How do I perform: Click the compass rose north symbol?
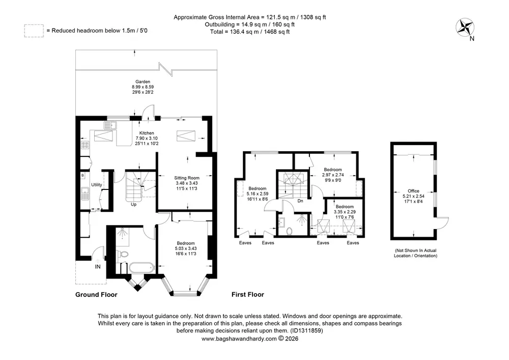(x=465, y=28)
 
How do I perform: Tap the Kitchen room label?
(x=147, y=133)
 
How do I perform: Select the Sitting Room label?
(x=187, y=178)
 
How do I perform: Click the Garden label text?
(x=143, y=82)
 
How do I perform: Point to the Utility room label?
(x=96, y=185)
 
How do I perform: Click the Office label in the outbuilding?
(x=413, y=191)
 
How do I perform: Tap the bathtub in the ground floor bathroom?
(x=141, y=268)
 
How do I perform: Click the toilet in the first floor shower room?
(x=290, y=231)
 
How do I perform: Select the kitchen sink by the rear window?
(x=110, y=125)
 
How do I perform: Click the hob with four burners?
(x=85, y=145)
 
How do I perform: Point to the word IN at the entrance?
(x=98, y=266)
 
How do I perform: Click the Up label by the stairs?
(x=133, y=205)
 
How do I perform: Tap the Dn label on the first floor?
(x=300, y=201)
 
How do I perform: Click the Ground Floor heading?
(x=96, y=294)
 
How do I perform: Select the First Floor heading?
(x=248, y=294)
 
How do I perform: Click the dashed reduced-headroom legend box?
(x=34, y=31)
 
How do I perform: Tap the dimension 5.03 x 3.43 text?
(x=186, y=248)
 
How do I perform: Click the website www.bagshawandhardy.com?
(x=239, y=339)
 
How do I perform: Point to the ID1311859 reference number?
(x=307, y=331)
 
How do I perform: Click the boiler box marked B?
(x=83, y=176)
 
